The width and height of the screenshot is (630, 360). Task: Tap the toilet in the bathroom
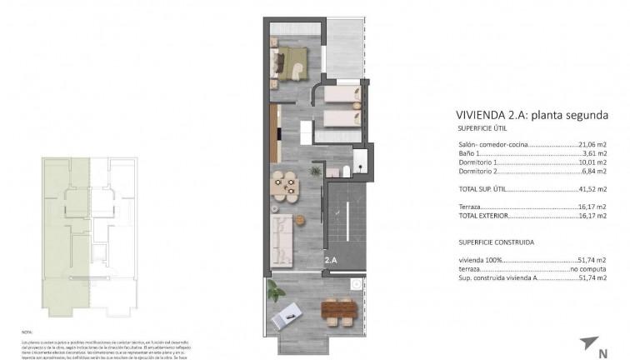click(344, 172)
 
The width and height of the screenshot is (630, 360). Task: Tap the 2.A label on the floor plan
click(331, 260)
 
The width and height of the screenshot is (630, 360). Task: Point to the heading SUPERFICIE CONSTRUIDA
click(496, 242)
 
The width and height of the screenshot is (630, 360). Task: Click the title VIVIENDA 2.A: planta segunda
click(531, 115)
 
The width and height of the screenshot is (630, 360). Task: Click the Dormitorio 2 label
click(478, 172)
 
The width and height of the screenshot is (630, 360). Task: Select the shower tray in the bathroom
click(361, 162)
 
